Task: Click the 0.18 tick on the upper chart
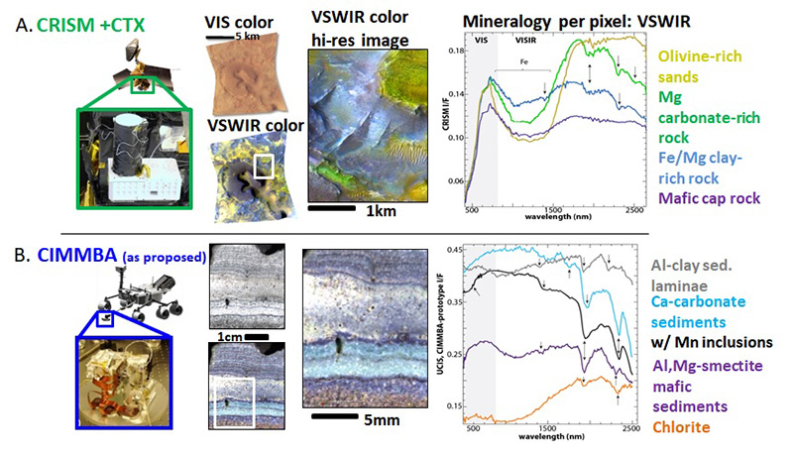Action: click(x=454, y=49)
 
